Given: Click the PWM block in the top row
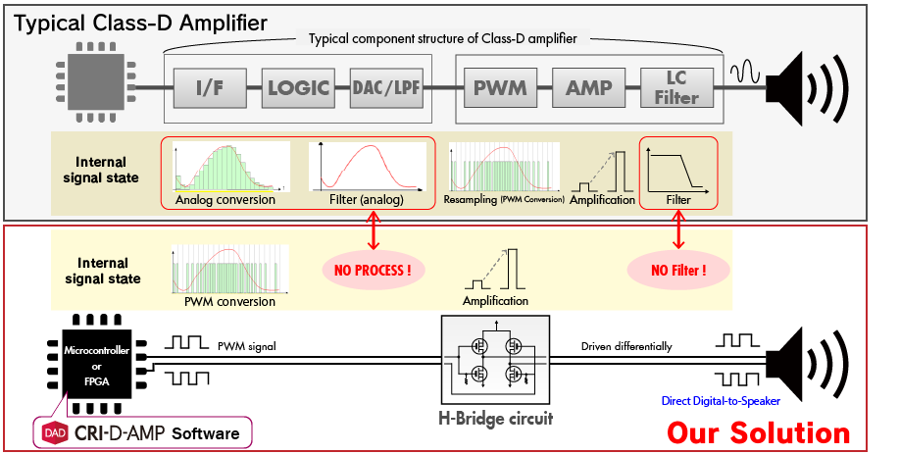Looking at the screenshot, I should click(x=500, y=89).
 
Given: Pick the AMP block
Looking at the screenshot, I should click(x=588, y=89).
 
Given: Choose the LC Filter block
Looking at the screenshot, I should click(x=676, y=89).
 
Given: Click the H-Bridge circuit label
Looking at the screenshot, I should click(x=495, y=419).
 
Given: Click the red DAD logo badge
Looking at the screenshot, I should click(x=56, y=431).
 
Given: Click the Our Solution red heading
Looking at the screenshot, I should click(x=758, y=431).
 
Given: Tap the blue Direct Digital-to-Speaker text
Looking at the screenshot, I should click(x=743, y=400).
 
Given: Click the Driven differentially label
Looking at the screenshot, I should click(x=625, y=346).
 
